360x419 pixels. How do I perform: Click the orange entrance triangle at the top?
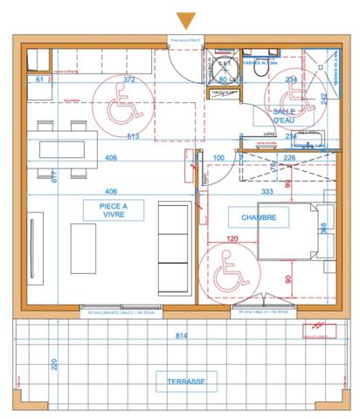coord(184,20)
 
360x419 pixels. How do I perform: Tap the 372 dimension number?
coord(129,79)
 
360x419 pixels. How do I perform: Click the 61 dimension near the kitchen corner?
coord(40,79)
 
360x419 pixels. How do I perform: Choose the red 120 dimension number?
coord(232,237)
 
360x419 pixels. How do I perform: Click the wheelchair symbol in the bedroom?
coord(229,266)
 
